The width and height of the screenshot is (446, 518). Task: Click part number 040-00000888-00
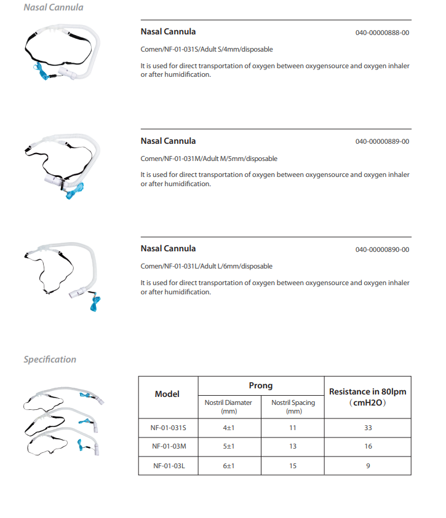[x=382, y=33]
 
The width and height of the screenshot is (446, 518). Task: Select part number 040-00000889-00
[x=382, y=141]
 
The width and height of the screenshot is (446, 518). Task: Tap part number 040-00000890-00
[x=382, y=249]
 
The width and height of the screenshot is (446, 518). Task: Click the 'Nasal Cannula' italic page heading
[x=54, y=8]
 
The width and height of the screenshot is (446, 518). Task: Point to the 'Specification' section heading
[x=50, y=359]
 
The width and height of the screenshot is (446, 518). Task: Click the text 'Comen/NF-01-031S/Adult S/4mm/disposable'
[x=207, y=49]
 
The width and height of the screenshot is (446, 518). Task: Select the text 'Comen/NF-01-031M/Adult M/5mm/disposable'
[x=209, y=159]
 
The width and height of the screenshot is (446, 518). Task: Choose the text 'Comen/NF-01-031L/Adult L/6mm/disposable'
[x=207, y=267]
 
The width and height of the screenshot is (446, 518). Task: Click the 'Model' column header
[x=167, y=394]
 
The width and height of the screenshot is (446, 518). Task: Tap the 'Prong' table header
[x=260, y=386]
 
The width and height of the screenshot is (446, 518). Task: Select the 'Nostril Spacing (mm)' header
[x=293, y=407]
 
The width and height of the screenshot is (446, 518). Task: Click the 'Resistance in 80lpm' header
[x=367, y=391]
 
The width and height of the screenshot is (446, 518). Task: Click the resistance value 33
[x=367, y=428]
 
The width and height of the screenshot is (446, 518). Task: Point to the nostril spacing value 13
[x=293, y=447]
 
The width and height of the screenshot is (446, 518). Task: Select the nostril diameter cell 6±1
[x=229, y=466]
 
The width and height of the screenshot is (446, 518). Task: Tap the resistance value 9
[x=367, y=466]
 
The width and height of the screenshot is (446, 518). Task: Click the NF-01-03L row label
[x=169, y=466]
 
